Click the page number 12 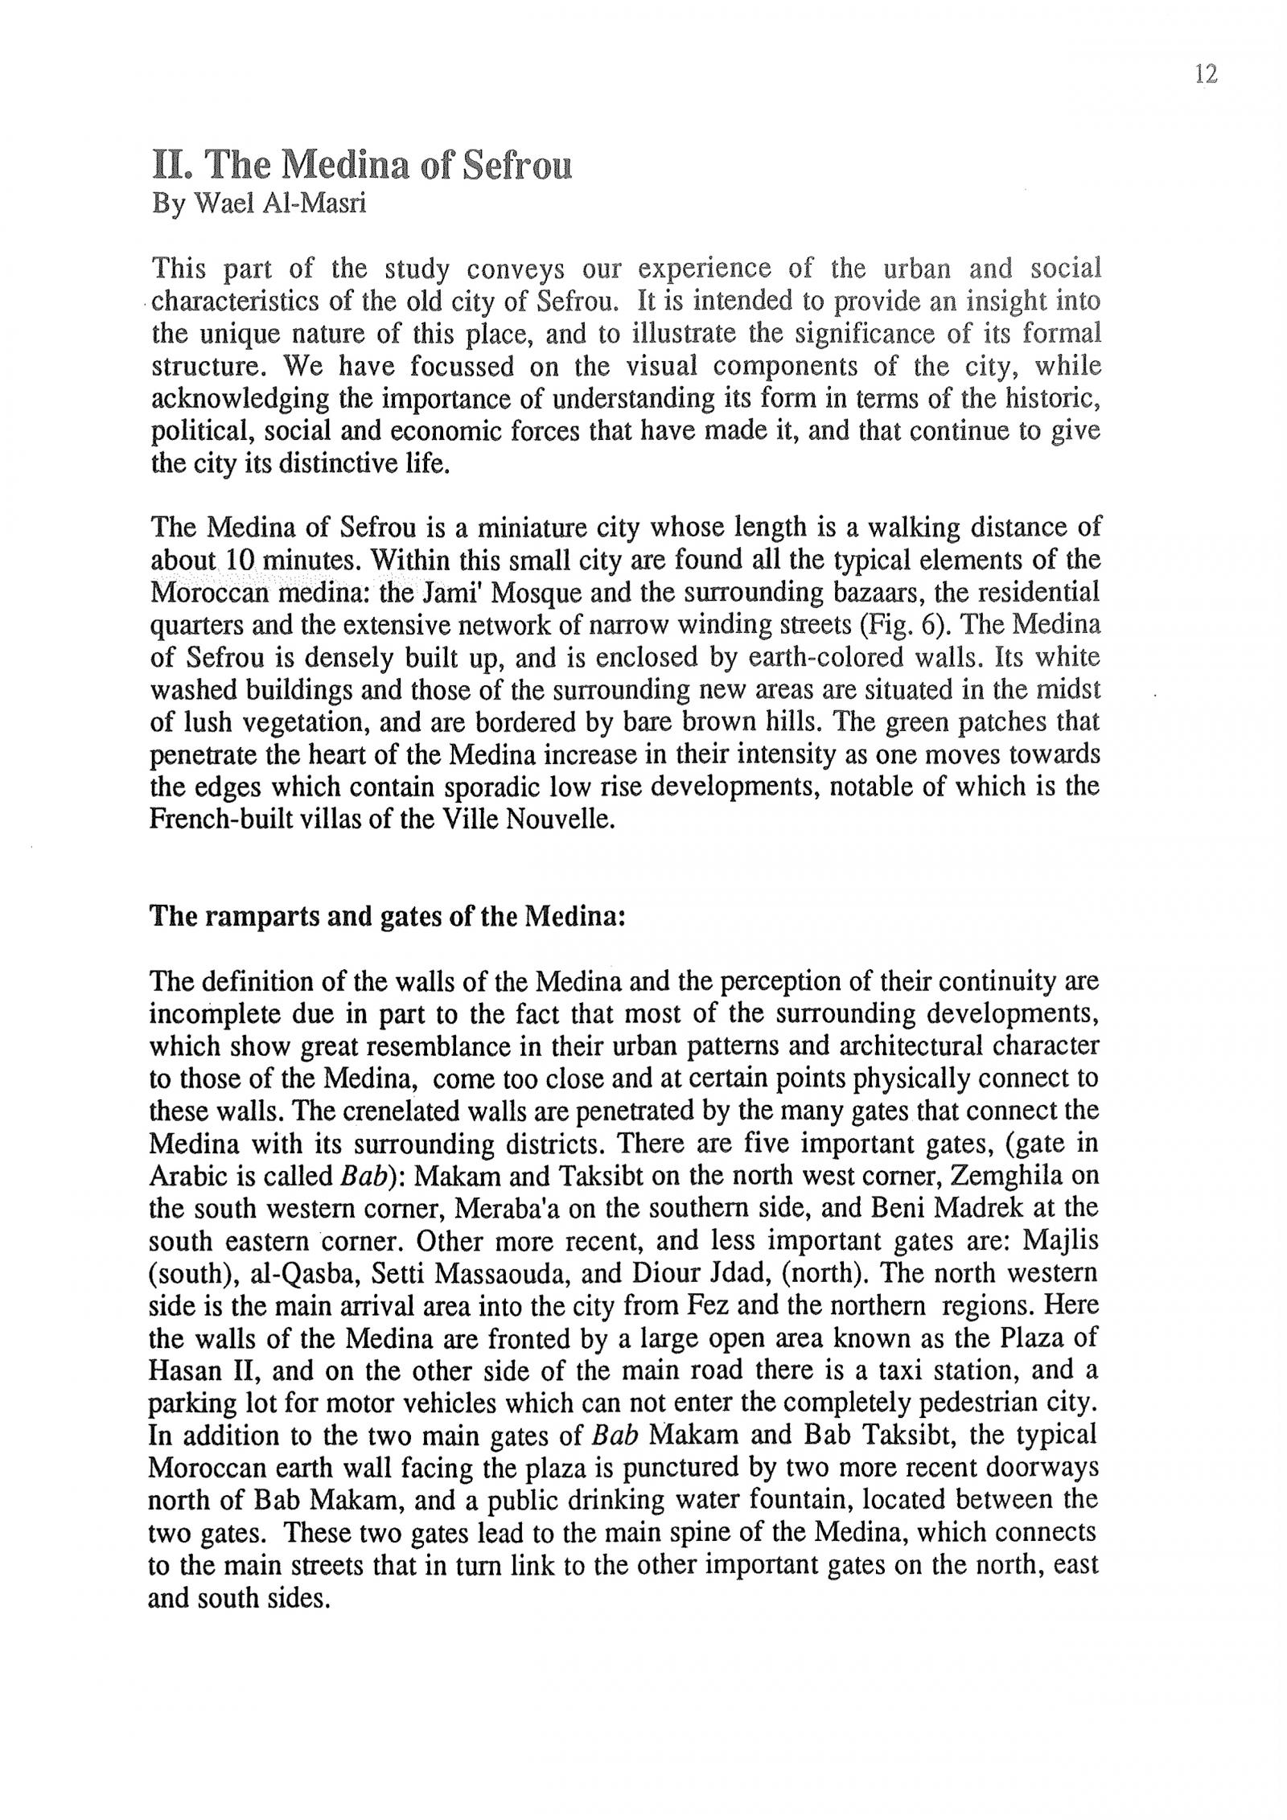tap(1206, 75)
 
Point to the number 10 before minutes tap(241, 560)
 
